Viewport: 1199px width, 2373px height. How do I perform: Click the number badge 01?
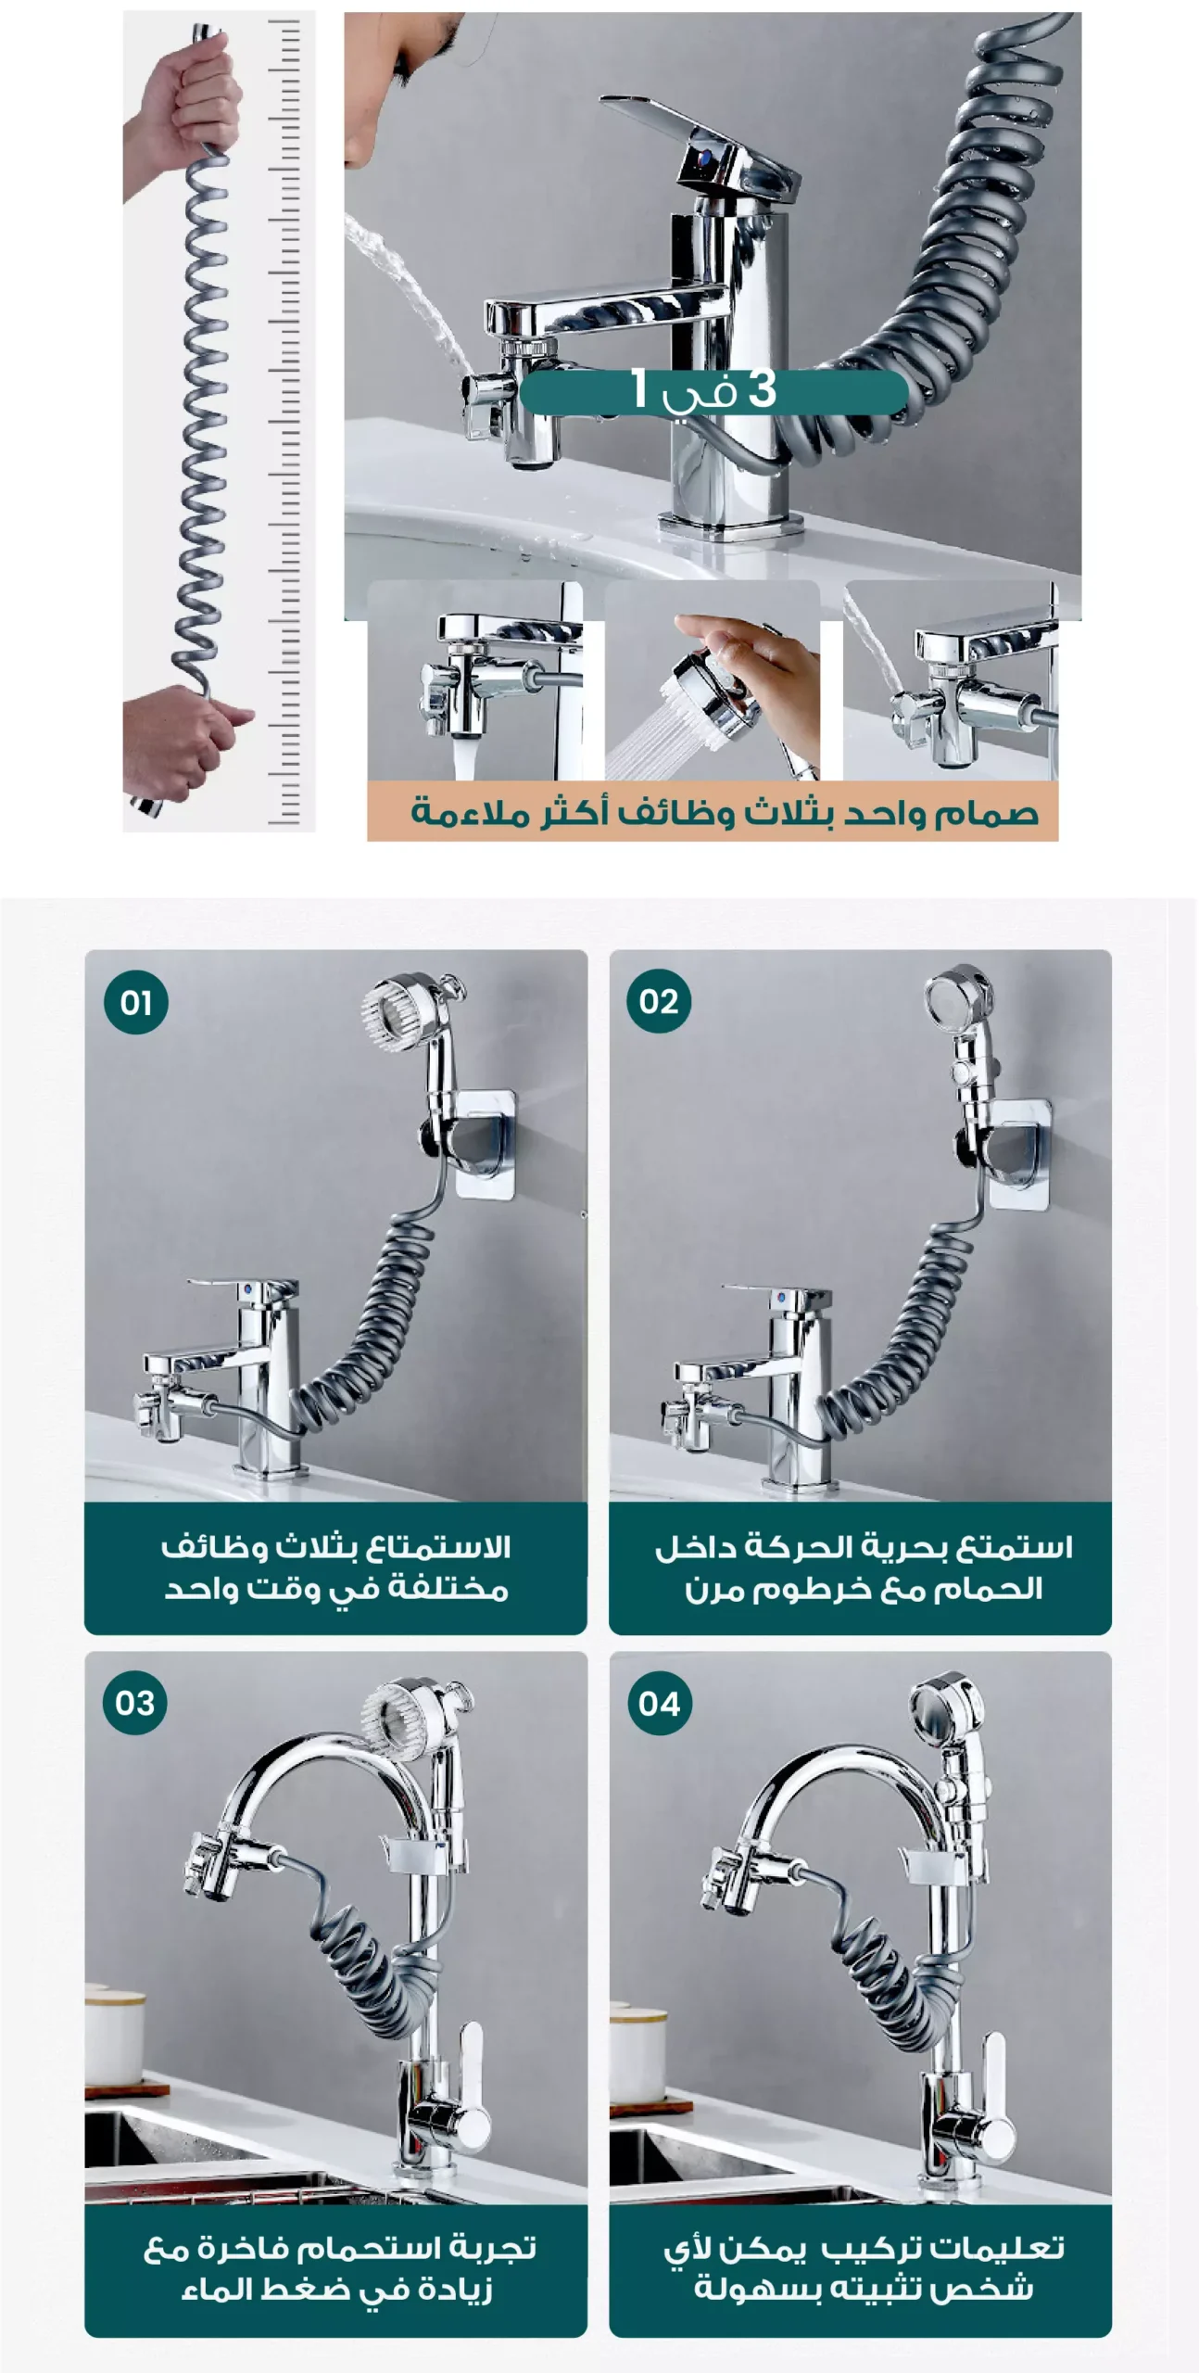pos(136,1002)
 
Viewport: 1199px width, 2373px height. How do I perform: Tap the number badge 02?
pos(659,1001)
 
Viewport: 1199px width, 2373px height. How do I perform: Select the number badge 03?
pos(135,1703)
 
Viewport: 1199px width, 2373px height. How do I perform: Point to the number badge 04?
pos(659,1703)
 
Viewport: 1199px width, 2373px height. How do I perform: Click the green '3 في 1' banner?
pos(713,391)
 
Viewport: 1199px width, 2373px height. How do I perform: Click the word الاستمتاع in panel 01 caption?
pos(436,1546)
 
